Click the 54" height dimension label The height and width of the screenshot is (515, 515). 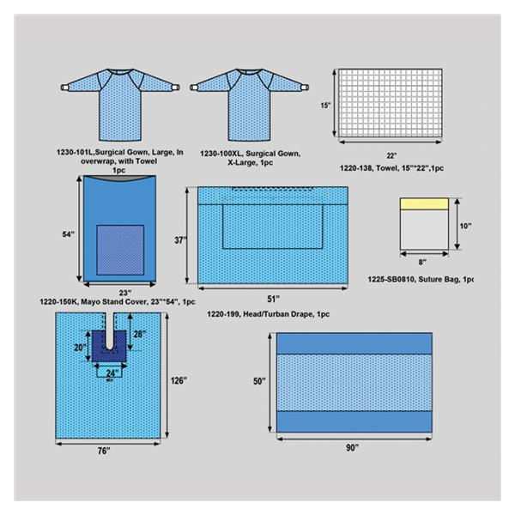pyautogui.click(x=69, y=234)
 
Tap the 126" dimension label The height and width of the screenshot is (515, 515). pyautogui.click(x=179, y=380)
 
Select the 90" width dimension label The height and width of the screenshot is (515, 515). pyautogui.click(x=353, y=448)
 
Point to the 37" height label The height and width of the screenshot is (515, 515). pyautogui.click(x=180, y=240)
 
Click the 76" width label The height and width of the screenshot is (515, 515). pyautogui.click(x=104, y=451)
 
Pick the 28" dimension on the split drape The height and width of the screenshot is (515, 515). pyautogui.click(x=140, y=334)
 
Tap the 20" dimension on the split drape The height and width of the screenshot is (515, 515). pyautogui.click(x=80, y=347)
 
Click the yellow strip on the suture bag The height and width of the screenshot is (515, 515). pyautogui.click(x=424, y=204)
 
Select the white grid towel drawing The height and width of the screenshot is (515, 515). pyautogui.click(x=391, y=103)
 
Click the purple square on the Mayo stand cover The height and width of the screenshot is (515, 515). pyautogui.click(x=120, y=250)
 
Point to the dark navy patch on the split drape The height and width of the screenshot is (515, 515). pyautogui.click(x=109, y=346)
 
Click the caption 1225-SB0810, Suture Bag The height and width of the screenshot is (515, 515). pyautogui.click(x=421, y=279)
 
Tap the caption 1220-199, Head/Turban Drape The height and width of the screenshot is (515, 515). pyautogui.click(x=268, y=314)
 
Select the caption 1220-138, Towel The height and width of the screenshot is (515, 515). pyautogui.click(x=391, y=168)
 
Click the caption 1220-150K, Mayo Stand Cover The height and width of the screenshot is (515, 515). pyautogui.click(x=118, y=302)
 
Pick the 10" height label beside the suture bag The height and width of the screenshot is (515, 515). pyautogui.click(x=465, y=226)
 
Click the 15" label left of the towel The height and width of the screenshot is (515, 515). pyautogui.click(x=326, y=106)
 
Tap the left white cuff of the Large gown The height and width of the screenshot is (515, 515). pyautogui.click(x=64, y=88)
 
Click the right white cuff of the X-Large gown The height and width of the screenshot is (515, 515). pyautogui.click(x=306, y=88)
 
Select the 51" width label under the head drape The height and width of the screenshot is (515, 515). pyautogui.click(x=273, y=300)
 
